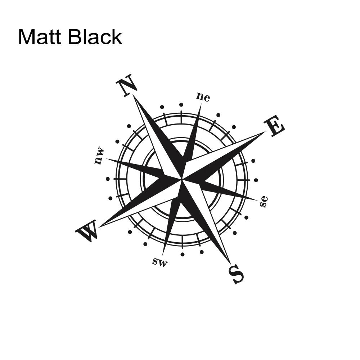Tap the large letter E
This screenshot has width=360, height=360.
[x=274, y=126]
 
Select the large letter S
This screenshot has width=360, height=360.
[x=236, y=274]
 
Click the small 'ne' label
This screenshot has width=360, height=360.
[x=203, y=97]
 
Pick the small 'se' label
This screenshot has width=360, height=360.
[x=264, y=201]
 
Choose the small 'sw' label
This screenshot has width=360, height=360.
[x=160, y=262]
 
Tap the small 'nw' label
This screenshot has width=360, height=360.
[x=99, y=156]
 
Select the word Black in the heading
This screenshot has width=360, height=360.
[x=95, y=36]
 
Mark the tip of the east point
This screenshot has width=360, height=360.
[x=265, y=131]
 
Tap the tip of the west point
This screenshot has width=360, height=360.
[x=99, y=227]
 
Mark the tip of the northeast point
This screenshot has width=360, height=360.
[x=201, y=104]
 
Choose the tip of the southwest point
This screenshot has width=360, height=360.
[x=162, y=255]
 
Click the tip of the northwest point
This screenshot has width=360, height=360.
[x=106, y=159]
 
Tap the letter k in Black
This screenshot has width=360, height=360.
[x=117, y=36]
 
